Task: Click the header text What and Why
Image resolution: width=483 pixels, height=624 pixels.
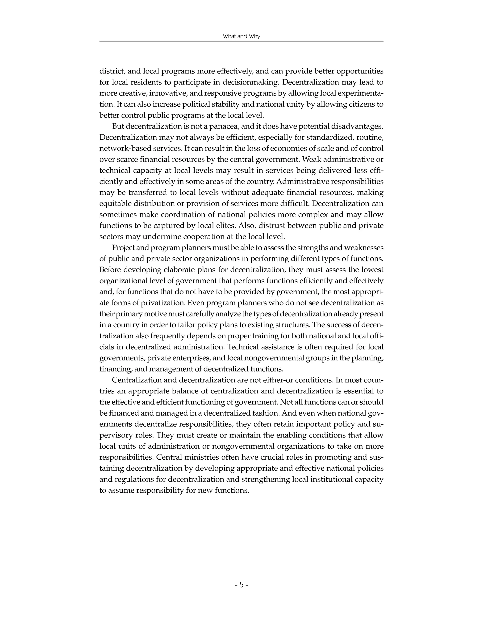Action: coord(241,36)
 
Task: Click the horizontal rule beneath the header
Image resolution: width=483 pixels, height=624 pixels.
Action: coord(241,41)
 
